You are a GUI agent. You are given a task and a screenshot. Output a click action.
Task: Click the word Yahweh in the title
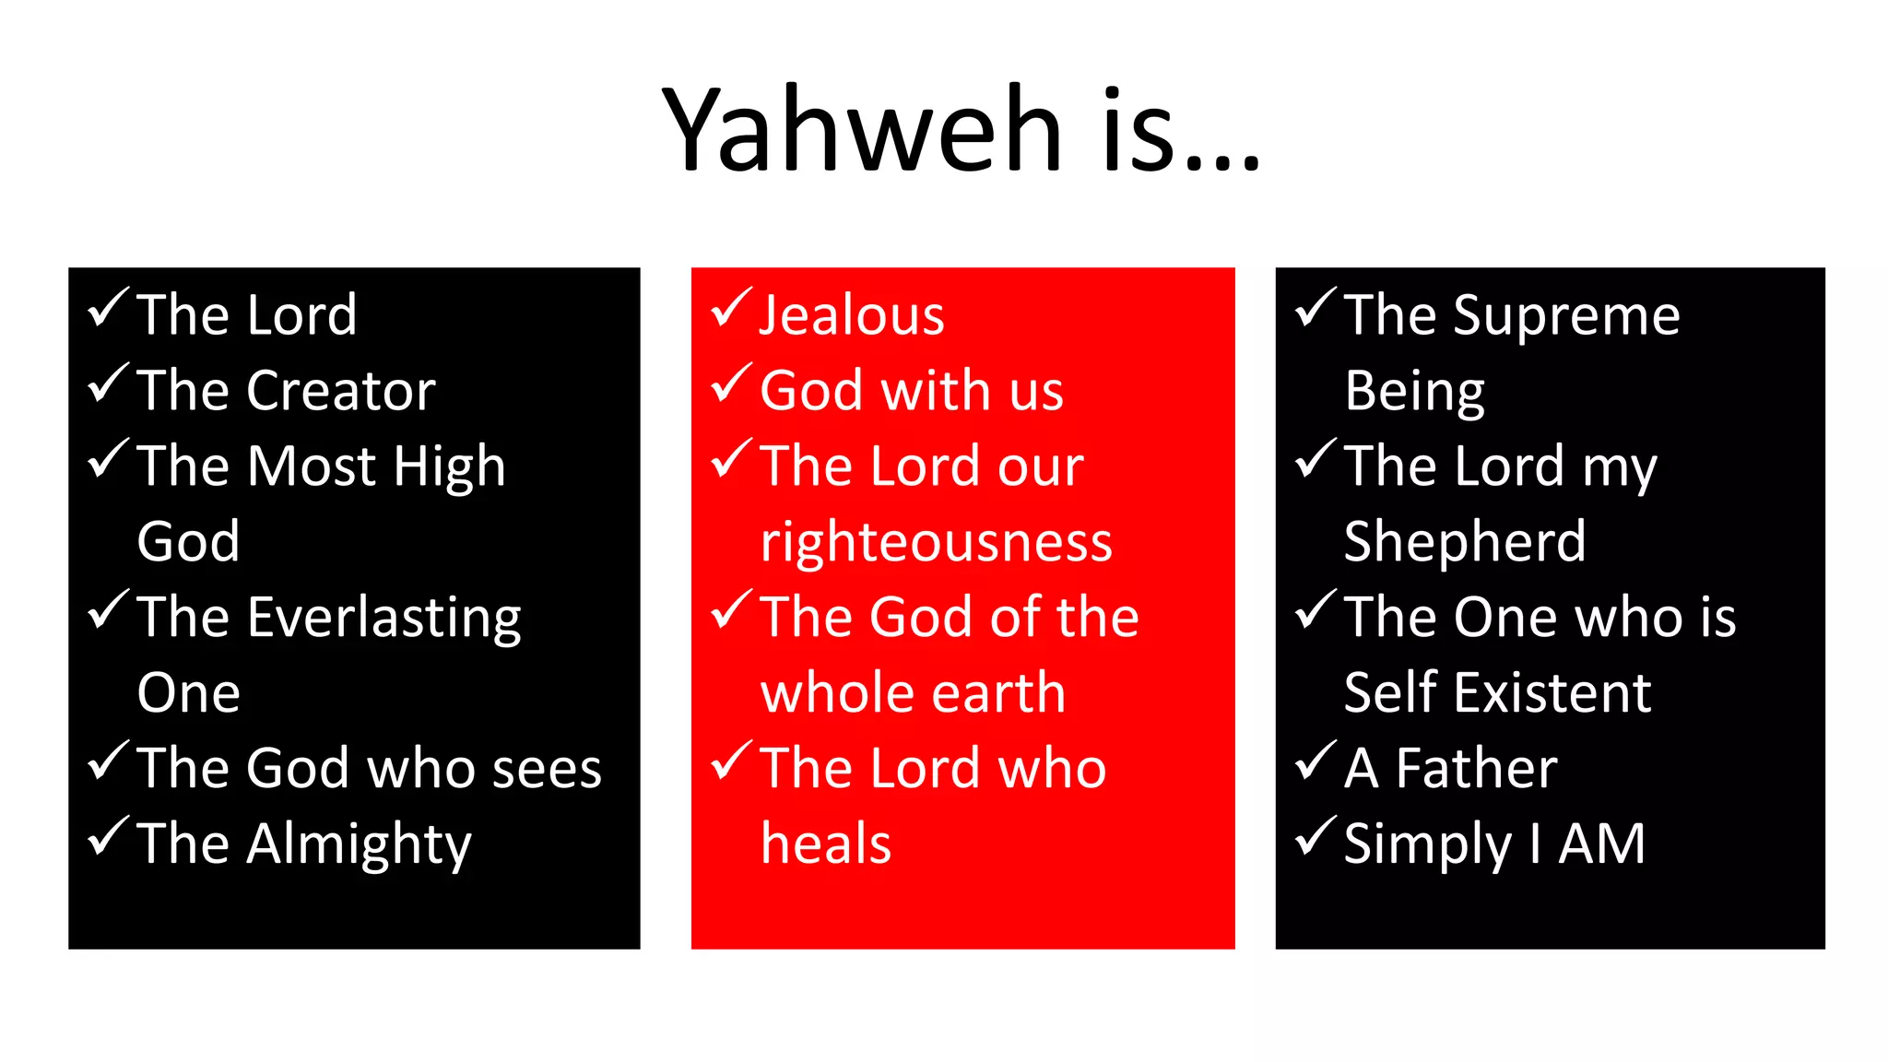862,129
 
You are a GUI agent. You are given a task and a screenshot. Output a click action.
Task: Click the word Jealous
852,315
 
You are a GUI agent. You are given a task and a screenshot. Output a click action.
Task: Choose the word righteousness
936,542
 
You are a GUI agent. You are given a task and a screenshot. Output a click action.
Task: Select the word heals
826,844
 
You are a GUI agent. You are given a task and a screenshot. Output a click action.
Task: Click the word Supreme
1566,316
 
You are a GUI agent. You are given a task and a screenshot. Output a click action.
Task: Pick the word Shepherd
1465,542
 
